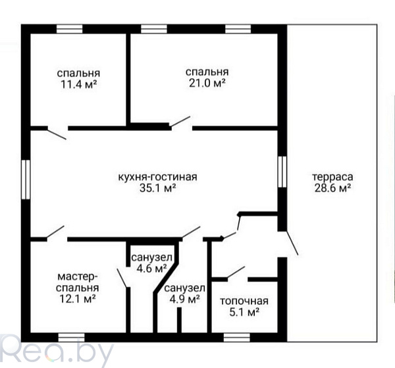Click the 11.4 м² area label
point(78,84)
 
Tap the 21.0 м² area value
point(207,83)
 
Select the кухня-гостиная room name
point(158,177)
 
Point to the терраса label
point(332,177)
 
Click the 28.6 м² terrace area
point(332,188)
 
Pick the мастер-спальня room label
point(77,282)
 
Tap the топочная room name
point(244,301)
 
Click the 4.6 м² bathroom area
point(151,269)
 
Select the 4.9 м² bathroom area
point(184,300)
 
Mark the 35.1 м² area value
point(158,188)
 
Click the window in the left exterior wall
point(26,179)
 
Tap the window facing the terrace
point(282,172)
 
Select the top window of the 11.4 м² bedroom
point(69,29)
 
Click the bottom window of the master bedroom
point(71,337)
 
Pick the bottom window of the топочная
point(237,337)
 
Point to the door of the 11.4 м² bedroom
point(57,134)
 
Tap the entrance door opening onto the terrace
point(292,242)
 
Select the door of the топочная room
point(236,273)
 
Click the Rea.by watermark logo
point(57,352)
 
